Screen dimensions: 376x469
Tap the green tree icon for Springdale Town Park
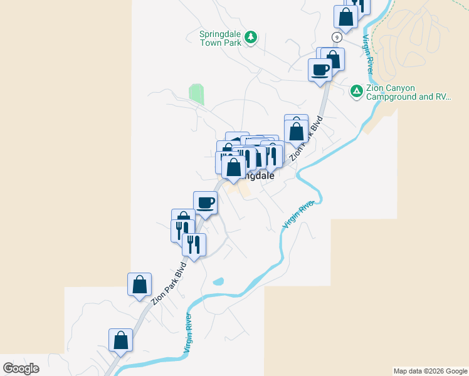click(251, 38)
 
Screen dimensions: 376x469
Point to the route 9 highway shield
click(337, 38)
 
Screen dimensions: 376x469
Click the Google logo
click(21, 368)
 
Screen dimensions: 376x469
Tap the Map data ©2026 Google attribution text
click(429, 371)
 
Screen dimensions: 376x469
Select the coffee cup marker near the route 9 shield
click(320, 69)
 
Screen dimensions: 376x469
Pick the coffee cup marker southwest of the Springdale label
click(205, 202)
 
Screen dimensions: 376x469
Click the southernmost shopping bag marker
click(120, 340)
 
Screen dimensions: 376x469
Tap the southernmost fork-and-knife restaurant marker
click(194, 244)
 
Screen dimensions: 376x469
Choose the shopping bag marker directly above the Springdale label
click(234, 167)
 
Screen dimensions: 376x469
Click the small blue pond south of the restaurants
click(218, 281)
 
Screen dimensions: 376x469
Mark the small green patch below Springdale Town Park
click(196, 94)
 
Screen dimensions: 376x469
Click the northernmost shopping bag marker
click(345, 17)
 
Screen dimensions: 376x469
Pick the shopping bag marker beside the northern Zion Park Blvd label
click(296, 132)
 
